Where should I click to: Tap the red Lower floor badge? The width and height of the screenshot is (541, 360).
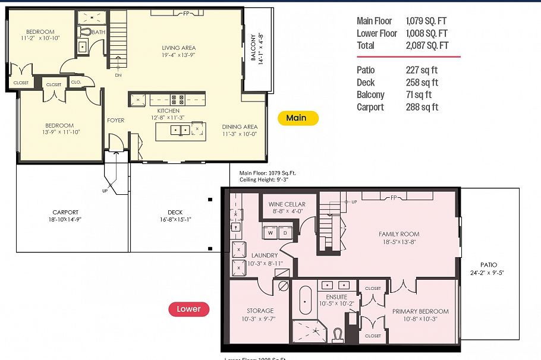(188, 309)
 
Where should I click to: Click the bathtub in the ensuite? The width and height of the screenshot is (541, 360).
(306, 301)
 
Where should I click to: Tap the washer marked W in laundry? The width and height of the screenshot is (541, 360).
(270, 232)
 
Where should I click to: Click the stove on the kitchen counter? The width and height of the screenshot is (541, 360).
(177, 100)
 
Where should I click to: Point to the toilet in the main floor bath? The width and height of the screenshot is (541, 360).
(85, 31)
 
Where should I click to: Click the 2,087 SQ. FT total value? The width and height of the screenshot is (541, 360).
(427, 45)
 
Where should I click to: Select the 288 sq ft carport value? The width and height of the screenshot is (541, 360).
(422, 107)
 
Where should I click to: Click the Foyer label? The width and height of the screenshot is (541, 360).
(116, 121)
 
